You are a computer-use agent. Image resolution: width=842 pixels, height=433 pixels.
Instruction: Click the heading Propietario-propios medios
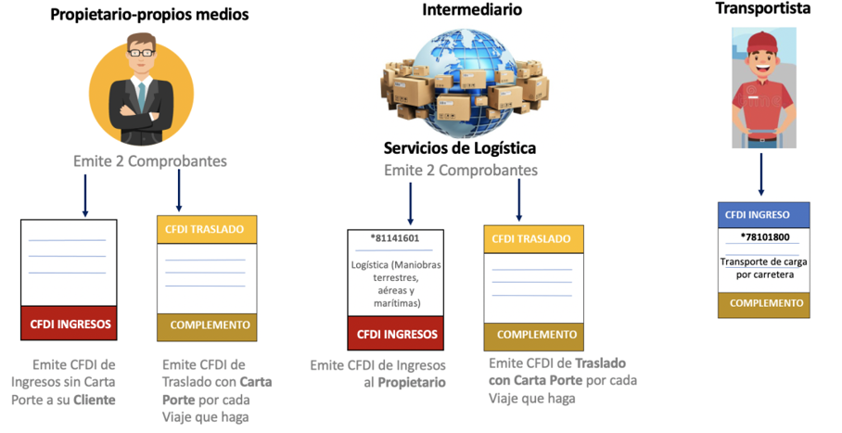click(x=149, y=15)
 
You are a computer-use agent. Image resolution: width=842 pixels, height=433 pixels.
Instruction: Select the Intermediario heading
click(x=471, y=10)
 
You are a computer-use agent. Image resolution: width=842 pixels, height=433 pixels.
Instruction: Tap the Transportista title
click(x=763, y=8)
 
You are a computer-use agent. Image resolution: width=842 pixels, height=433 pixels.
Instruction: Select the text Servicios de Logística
click(x=460, y=148)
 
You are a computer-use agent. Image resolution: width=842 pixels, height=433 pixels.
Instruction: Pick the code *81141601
click(x=394, y=238)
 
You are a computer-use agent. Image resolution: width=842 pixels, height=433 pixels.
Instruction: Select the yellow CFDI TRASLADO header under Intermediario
click(x=533, y=239)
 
